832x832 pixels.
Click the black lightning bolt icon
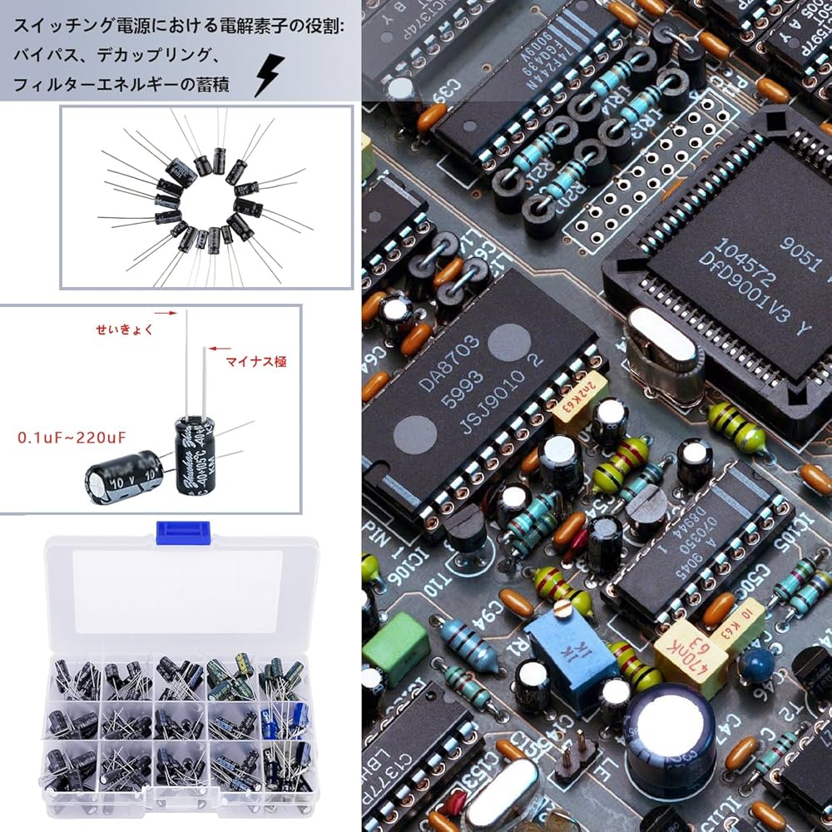tap(268, 76)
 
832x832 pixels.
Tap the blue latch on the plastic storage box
tap(182, 531)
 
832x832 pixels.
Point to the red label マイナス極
tap(256, 362)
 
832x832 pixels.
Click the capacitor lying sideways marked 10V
tap(122, 478)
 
